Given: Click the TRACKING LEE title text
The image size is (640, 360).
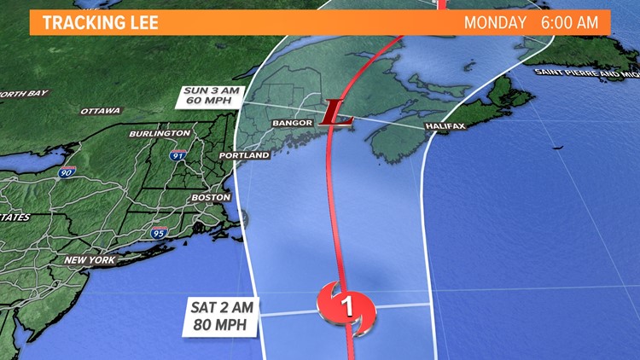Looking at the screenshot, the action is (x=101, y=23).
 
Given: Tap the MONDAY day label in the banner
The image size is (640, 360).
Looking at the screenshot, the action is (x=495, y=23).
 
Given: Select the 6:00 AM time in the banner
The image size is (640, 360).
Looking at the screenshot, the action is (x=570, y=23).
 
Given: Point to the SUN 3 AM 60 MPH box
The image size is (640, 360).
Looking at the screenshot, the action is (x=204, y=97).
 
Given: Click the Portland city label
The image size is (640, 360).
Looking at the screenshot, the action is (x=244, y=156).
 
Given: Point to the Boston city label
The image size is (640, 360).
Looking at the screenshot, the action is (x=211, y=197).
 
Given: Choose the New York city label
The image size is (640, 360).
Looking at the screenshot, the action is (x=90, y=260).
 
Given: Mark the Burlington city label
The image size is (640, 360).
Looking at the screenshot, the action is (x=160, y=134).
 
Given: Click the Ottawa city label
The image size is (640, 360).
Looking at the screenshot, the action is (x=101, y=111).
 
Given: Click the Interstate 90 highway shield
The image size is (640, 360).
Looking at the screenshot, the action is (x=67, y=172).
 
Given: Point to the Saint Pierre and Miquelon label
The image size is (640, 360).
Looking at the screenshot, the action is (x=586, y=73).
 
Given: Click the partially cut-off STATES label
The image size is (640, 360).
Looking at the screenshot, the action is (x=15, y=218).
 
